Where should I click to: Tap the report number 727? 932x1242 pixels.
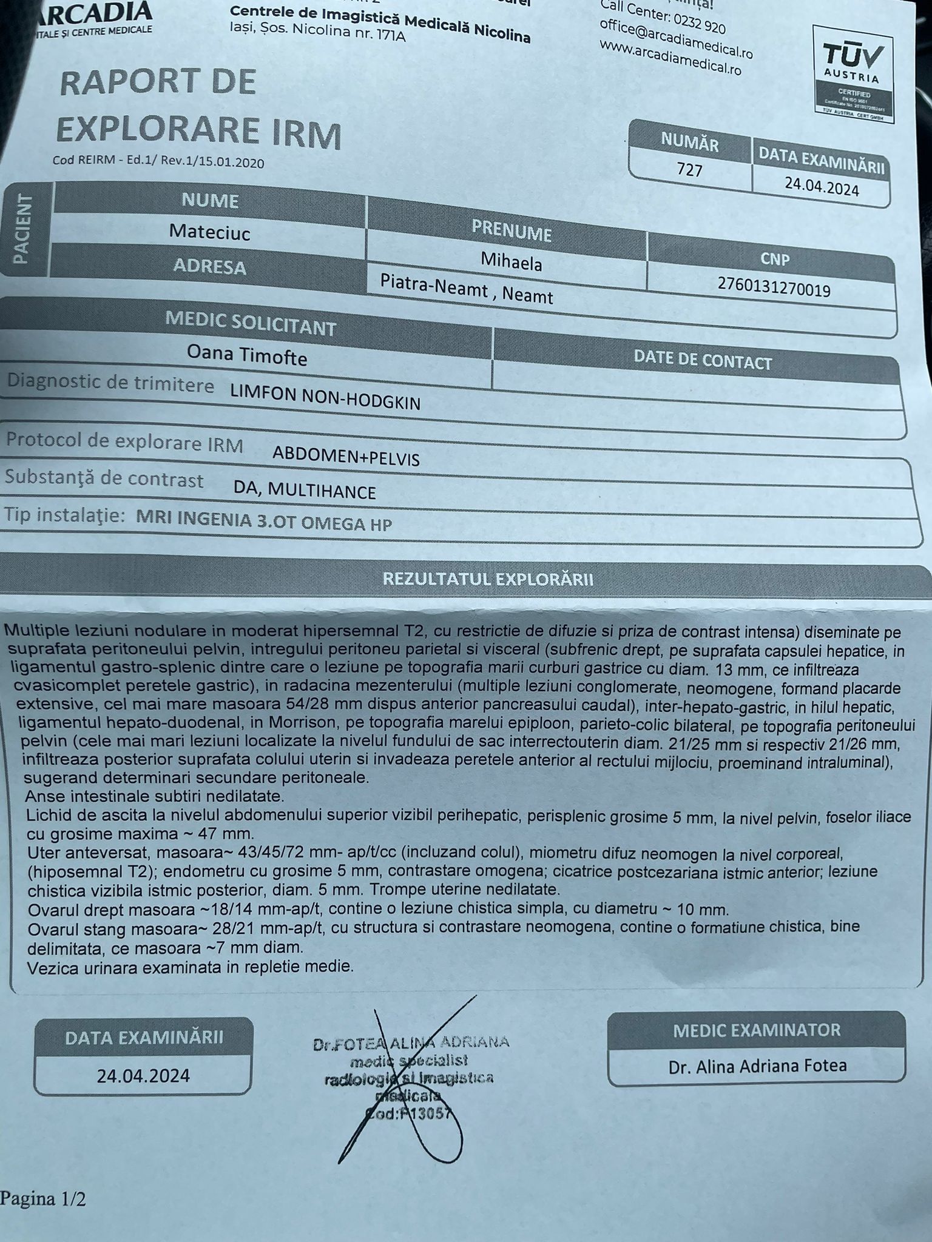(x=689, y=169)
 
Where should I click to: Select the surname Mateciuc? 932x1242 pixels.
(x=209, y=232)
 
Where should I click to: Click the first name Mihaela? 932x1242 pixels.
(x=511, y=261)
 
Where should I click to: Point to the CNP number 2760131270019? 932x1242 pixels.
(x=774, y=287)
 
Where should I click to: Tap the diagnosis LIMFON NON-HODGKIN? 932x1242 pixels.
(x=325, y=398)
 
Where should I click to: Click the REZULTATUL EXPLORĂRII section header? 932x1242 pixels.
(x=488, y=579)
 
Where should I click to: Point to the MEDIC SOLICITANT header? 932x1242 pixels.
(x=250, y=323)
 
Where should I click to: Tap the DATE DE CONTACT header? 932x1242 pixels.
(x=703, y=360)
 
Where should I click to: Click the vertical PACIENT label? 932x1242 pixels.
(x=22, y=229)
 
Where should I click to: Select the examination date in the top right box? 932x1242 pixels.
(x=822, y=187)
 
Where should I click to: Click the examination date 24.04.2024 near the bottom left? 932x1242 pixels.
(x=143, y=1076)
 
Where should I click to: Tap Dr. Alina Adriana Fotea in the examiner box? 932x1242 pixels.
(x=757, y=1066)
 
